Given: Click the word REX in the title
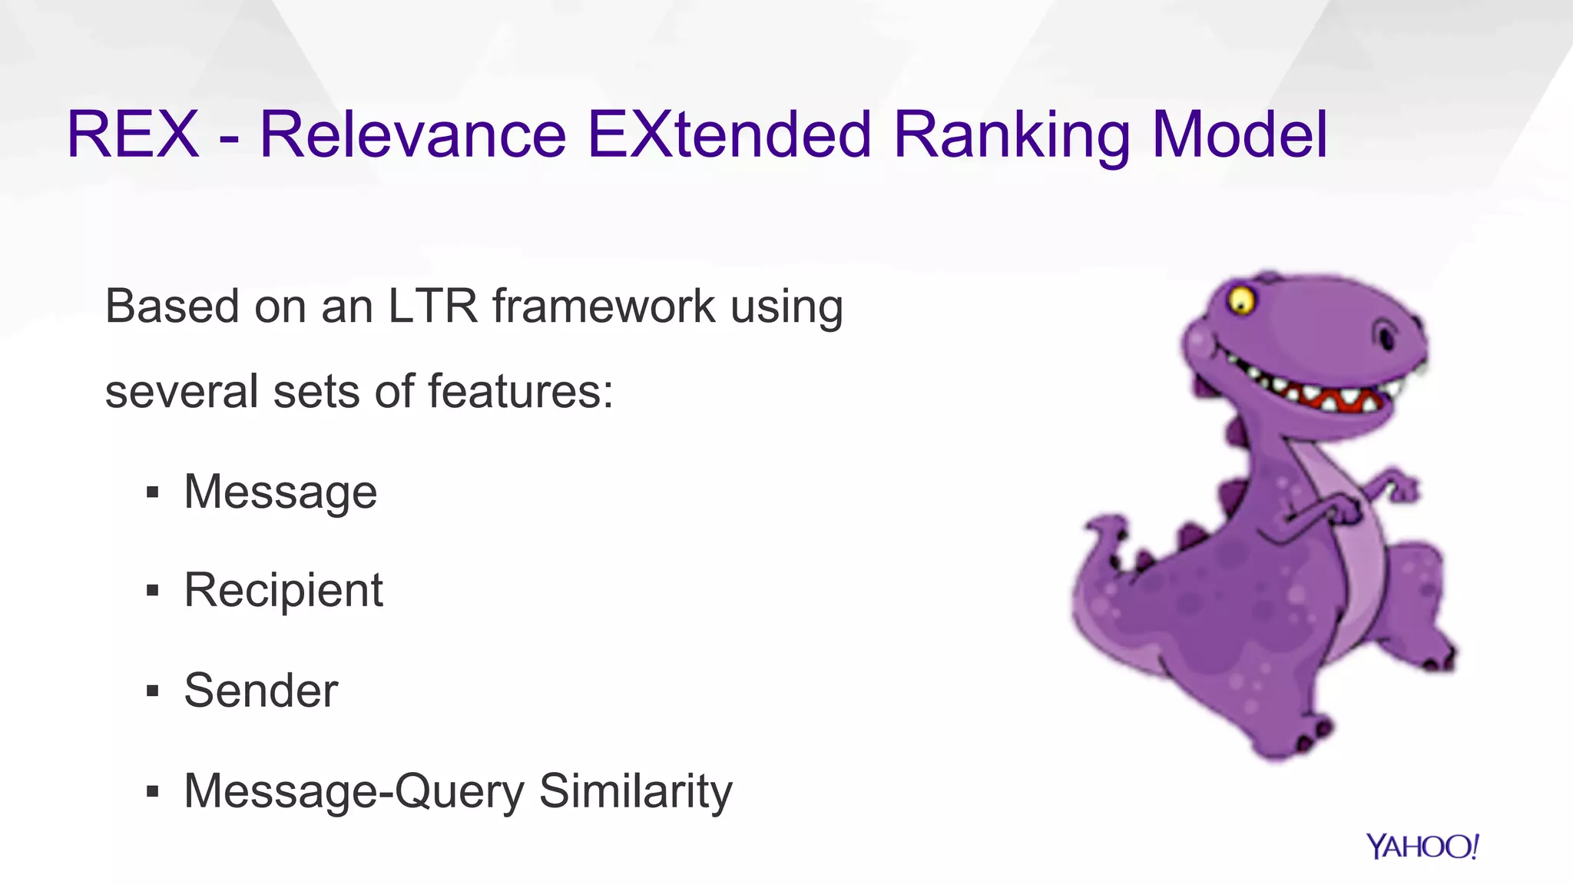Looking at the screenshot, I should pyautogui.click(x=133, y=135).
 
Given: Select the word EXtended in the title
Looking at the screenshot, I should pyautogui.click(x=729, y=135).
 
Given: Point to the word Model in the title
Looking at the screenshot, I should pyautogui.click(x=1240, y=135).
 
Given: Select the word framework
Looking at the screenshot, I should pyautogui.click(x=604, y=307).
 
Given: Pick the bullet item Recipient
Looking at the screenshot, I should pyautogui.click(x=283, y=591).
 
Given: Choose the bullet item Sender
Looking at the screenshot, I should pyautogui.click(x=260, y=691).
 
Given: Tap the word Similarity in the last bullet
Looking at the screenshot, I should pyautogui.click(x=636, y=791).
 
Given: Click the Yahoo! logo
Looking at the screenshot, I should pyautogui.click(x=1422, y=847).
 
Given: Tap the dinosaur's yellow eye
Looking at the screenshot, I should pyautogui.click(x=1240, y=300).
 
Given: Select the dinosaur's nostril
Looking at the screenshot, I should pyautogui.click(x=1386, y=336).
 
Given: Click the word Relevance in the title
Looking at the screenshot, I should pyautogui.click(x=413, y=135).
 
